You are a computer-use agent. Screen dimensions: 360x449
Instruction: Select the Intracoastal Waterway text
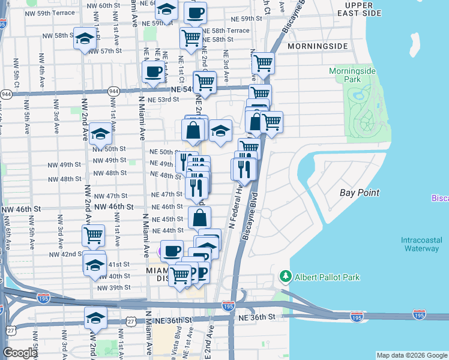click(x=420, y=244)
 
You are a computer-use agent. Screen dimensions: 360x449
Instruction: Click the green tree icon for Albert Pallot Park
click(x=285, y=277)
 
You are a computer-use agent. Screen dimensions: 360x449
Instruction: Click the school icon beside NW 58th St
click(x=85, y=39)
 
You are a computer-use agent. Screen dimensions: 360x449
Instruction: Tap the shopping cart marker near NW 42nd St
click(x=93, y=236)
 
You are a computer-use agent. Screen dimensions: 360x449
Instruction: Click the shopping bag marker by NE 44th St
click(x=200, y=217)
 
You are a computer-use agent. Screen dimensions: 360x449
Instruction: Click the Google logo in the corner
click(x=20, y=353)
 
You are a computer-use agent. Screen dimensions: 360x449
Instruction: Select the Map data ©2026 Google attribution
click(x=411, y=355)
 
